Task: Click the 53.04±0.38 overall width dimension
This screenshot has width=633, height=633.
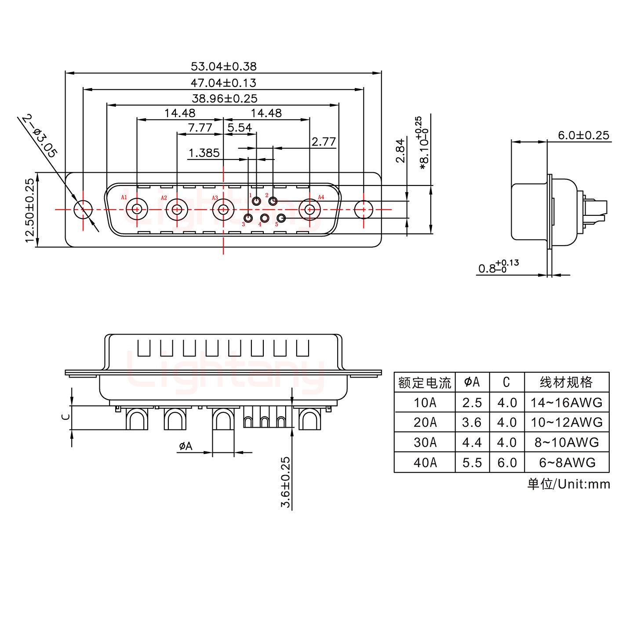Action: pos(223,66)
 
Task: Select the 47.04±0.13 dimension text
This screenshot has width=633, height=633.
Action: pos(223,83)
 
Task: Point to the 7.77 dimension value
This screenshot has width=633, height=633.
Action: pos(200,128)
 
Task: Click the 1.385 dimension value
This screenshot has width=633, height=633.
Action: pos(204,153)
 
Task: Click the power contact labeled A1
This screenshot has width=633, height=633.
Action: pos(137,209)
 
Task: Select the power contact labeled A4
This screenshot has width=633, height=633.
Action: pos(310,209)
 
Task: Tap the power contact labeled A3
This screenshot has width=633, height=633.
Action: pos(223,209)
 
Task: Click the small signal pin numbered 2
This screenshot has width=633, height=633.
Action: pos(273,202)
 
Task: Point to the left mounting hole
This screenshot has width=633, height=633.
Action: pos(82,210)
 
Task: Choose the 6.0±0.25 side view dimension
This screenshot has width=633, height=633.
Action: pos(583,135)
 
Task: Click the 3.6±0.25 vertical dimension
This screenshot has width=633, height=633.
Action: pos(286,482)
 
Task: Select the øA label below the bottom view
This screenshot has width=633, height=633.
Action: pos(186,447)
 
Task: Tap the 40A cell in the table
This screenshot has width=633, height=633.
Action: pos(425,462)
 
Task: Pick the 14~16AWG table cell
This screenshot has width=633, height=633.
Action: pos(566,402)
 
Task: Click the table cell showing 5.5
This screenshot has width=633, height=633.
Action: pos(472,462)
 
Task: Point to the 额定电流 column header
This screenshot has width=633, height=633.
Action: pos(425,382)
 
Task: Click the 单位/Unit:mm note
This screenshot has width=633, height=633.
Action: pos(568,484)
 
